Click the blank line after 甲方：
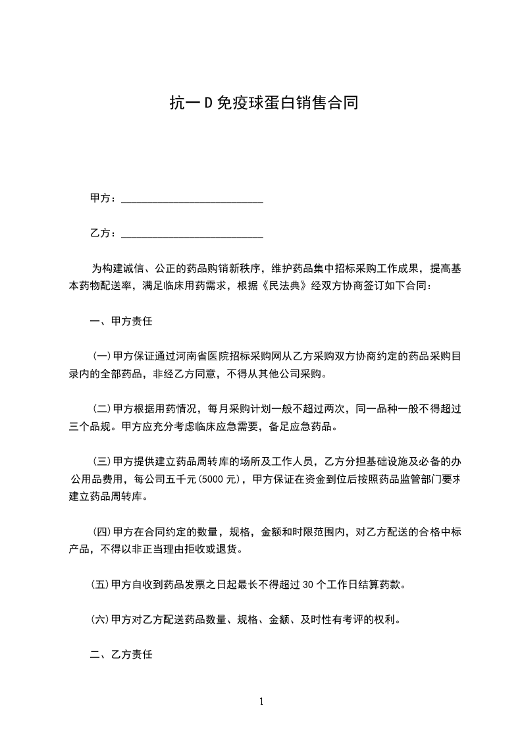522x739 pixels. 192,198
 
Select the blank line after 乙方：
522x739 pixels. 192,233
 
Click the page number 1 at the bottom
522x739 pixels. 261,701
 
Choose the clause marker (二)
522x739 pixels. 102,409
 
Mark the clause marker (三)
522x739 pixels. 102,461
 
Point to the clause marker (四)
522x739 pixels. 102,532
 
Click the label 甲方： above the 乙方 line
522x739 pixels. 103,198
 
